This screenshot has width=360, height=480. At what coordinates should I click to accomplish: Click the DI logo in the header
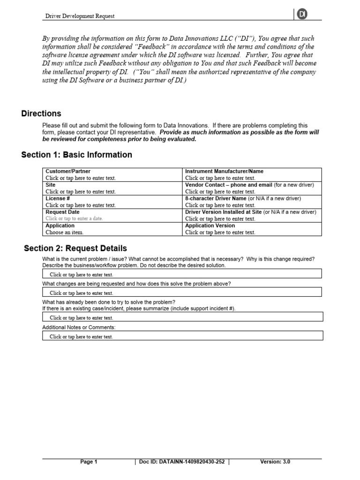[302, 15]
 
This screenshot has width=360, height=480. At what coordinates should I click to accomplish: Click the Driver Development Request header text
[80, 16]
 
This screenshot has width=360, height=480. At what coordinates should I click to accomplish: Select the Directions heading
[41, 113]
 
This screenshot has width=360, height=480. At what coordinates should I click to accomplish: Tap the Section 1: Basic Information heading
[77, 155]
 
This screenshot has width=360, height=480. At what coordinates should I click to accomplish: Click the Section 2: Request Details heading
[75, 248]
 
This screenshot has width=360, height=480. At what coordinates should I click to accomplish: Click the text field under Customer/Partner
[81, 178]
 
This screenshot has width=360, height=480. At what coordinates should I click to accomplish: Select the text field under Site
[81, 192]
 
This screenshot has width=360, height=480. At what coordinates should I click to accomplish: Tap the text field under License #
[81, 205]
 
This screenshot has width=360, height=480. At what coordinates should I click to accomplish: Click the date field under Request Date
[74, 219]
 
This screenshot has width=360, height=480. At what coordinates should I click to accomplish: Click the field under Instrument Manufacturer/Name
[220, 178]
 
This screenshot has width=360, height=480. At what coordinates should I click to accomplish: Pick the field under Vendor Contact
[220, 192]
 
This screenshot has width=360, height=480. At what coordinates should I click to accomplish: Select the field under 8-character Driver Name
[220, 205]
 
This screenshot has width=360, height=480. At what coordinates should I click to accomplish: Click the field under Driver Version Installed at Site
[220, 219]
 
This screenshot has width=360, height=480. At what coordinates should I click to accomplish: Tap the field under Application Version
[220, 232]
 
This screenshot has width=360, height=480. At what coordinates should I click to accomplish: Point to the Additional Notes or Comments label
[79, 327]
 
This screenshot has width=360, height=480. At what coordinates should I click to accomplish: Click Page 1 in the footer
[89, 462]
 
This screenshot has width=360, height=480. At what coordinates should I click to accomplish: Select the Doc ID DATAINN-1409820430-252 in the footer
[182, 462]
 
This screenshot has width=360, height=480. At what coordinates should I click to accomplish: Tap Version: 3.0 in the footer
[275, 462]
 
